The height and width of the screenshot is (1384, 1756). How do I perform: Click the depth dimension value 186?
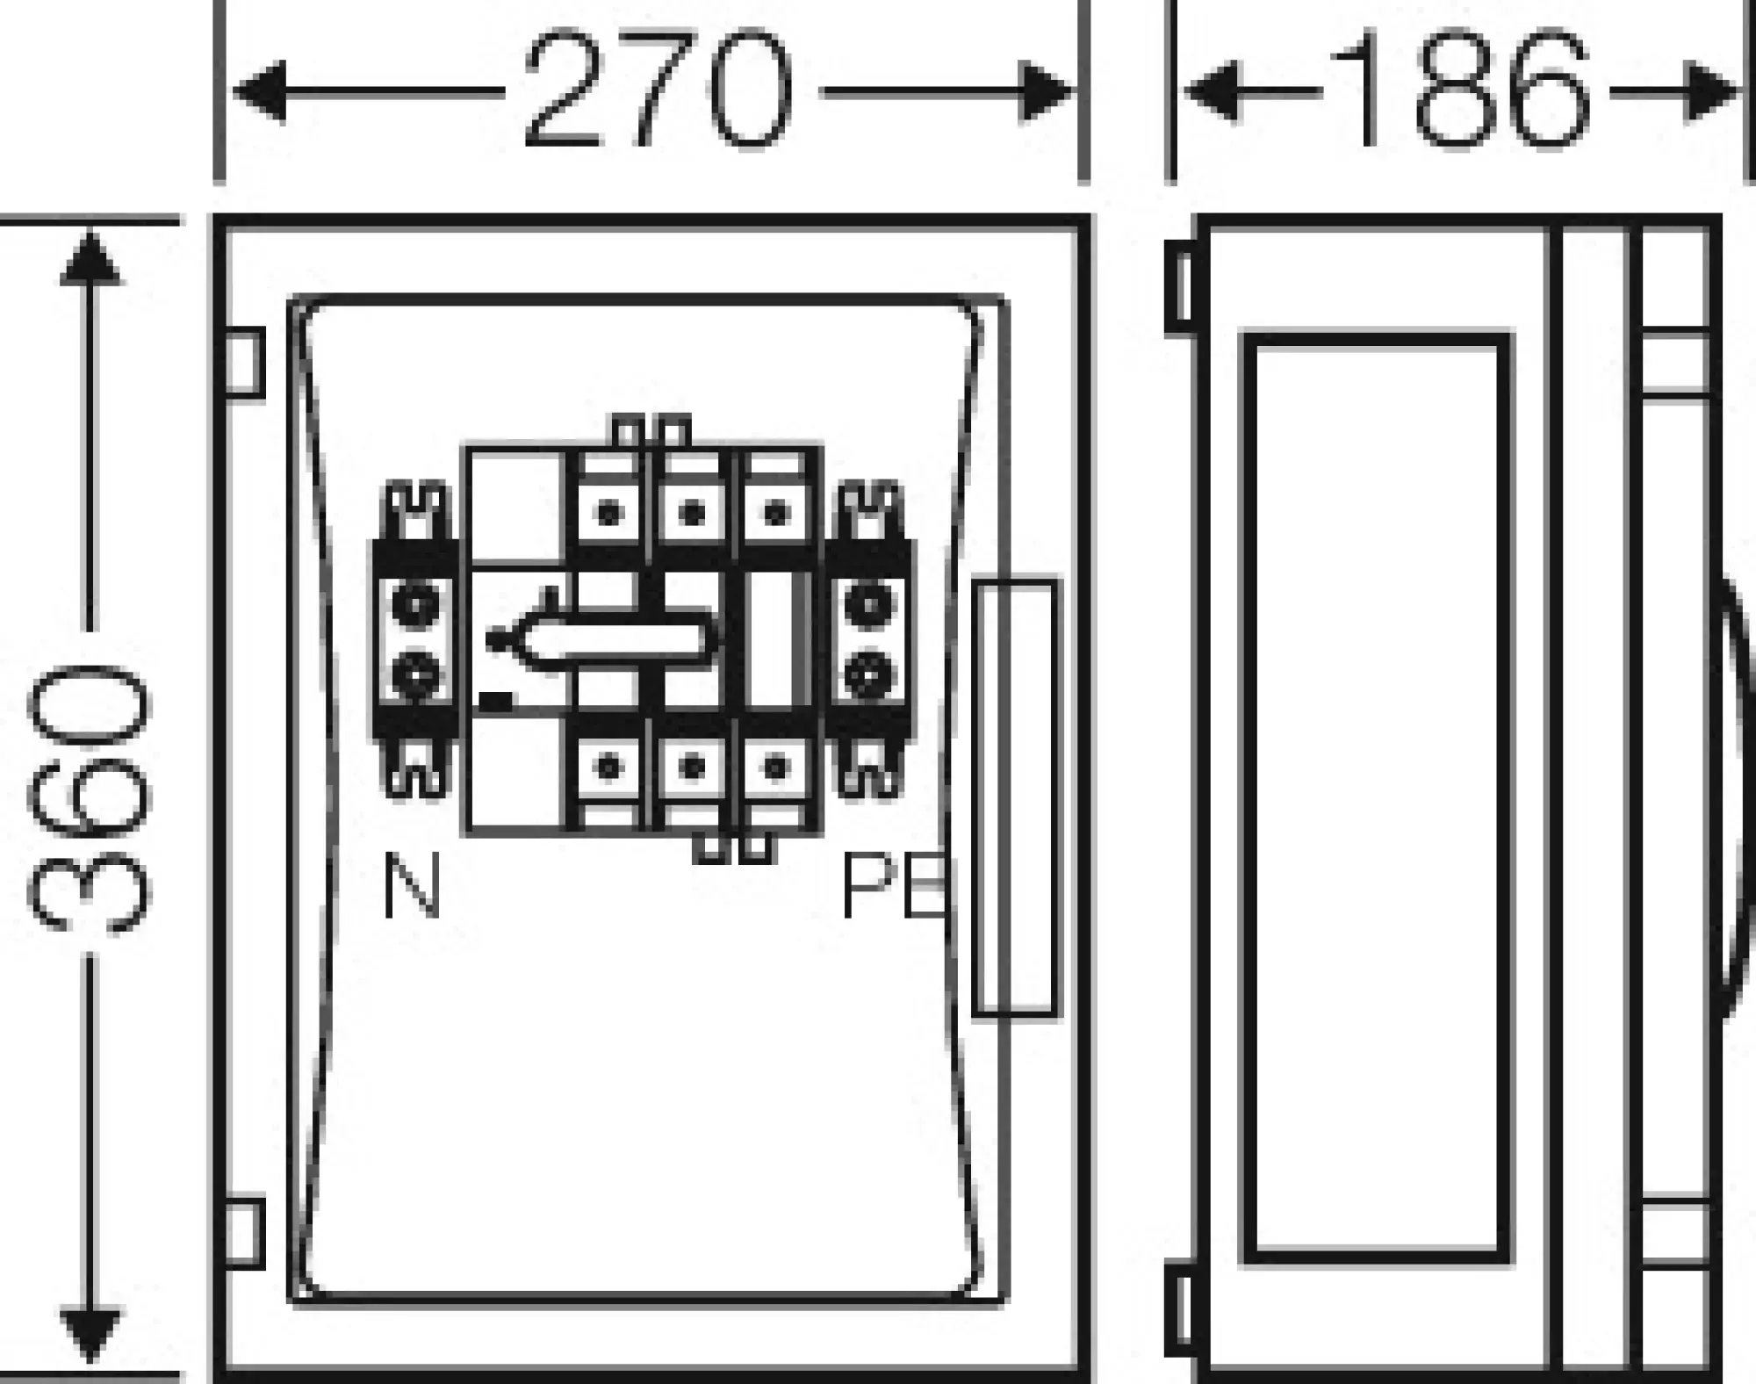point(1459,90)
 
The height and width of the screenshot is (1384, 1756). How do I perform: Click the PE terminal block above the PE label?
point(869,639)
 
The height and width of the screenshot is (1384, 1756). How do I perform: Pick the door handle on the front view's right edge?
point(1016,797)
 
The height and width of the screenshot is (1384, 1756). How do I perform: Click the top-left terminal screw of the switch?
point(608,513)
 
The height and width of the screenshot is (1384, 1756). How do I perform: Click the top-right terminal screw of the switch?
point(775,513)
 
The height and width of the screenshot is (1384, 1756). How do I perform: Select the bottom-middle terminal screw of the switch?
point(693,768)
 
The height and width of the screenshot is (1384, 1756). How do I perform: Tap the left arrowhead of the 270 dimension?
point(262,90)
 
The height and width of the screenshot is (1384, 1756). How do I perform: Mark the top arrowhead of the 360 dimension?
point(90,256)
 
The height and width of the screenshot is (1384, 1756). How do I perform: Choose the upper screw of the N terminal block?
point(415,604)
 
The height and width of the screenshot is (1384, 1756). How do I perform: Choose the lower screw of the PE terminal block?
point(869,674)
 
